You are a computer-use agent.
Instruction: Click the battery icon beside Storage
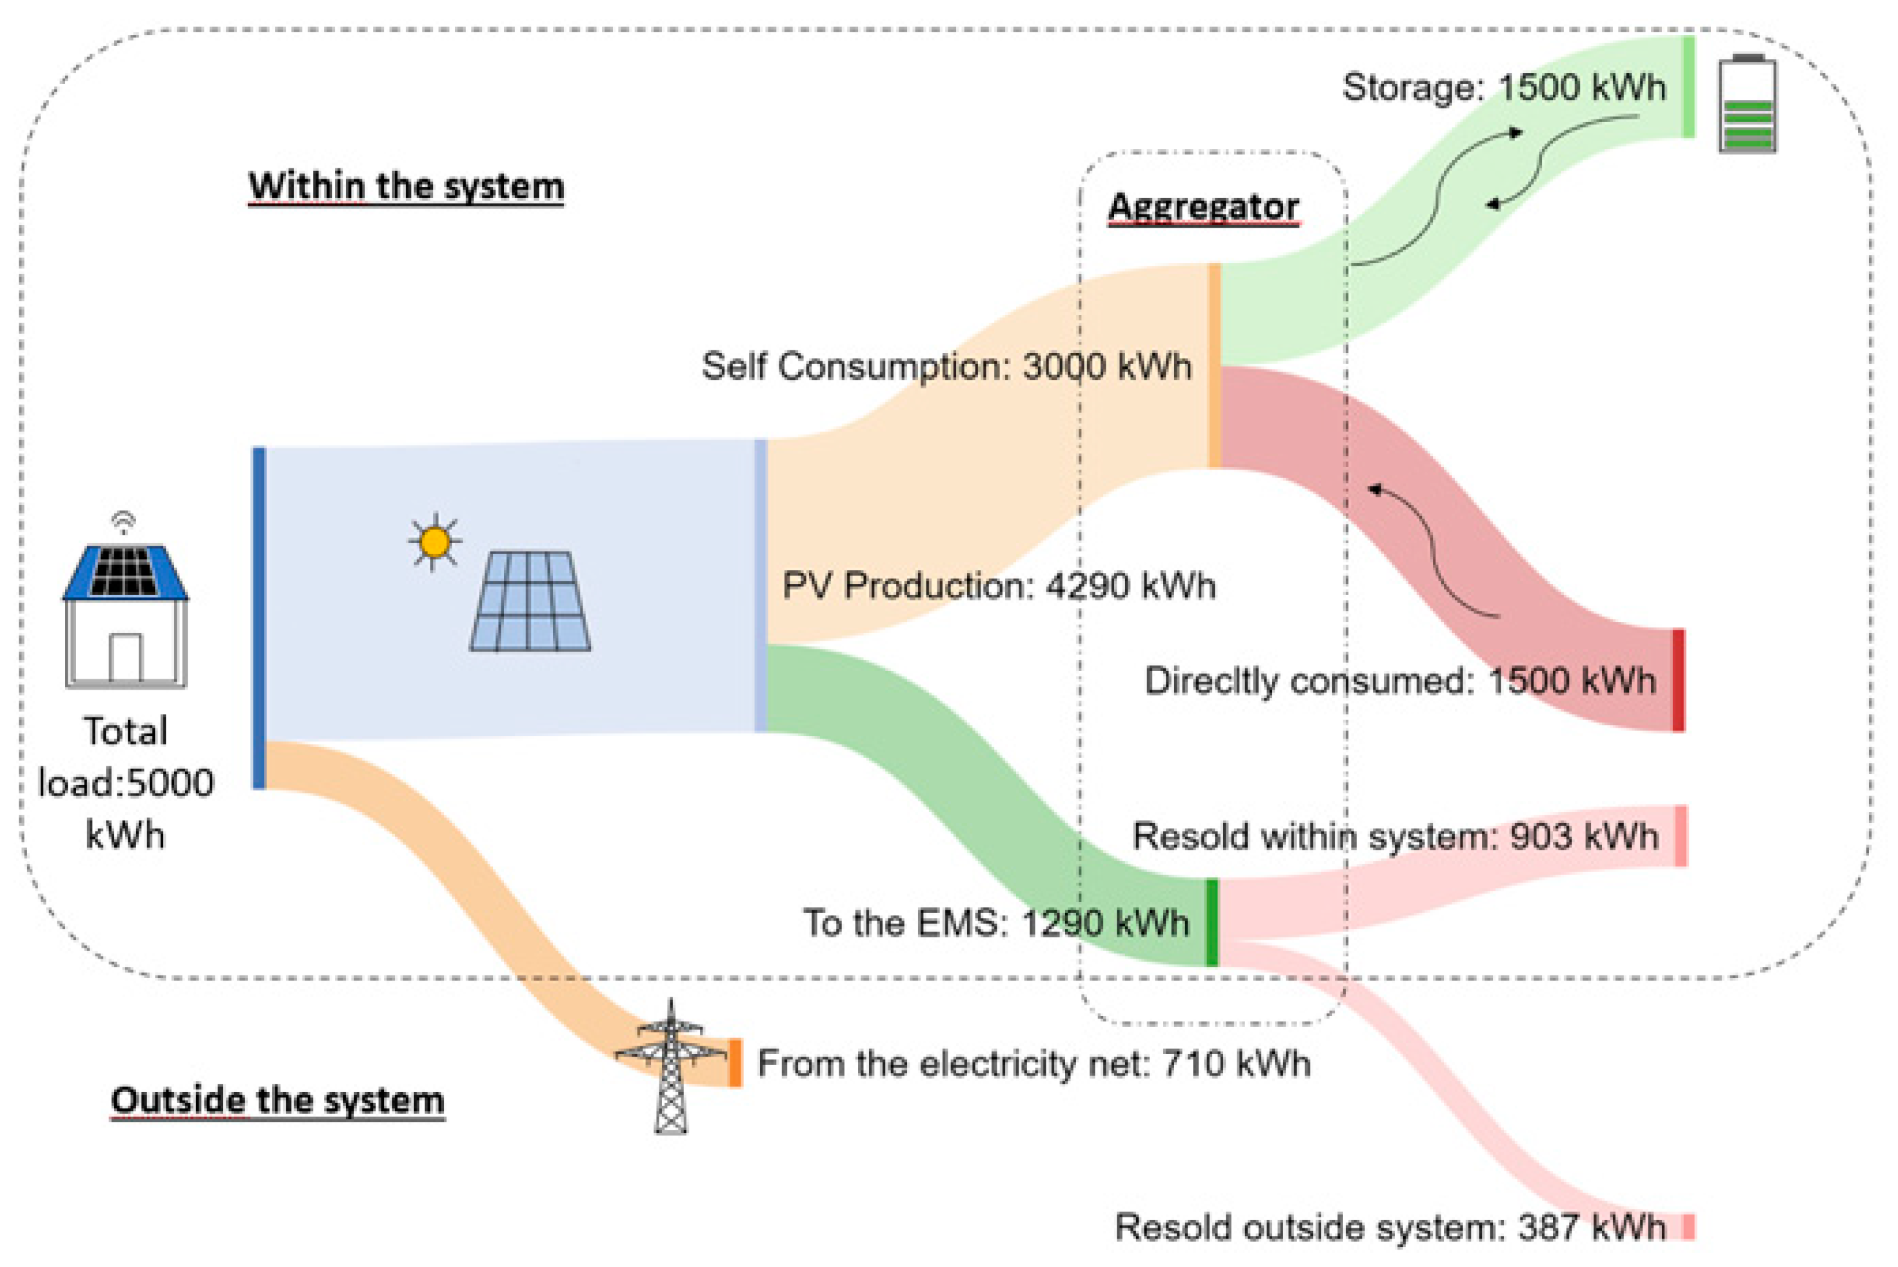[x=1748, y=103]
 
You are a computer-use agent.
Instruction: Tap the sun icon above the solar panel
[x=435, y=541]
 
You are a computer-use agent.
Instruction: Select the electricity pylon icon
[x=671, y=1066]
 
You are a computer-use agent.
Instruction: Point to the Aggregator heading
[x=1203, y=207]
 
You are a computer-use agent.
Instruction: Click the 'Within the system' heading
[x=406, y=186]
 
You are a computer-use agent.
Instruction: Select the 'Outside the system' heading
[x=277, y=1101]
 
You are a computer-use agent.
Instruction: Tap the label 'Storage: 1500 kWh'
[x=1504, y=87]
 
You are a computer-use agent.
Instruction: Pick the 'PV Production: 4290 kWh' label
[x=999, y=586]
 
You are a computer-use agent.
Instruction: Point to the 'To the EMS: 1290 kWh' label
[x=995, y=923]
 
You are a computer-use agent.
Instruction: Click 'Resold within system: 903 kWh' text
[x=1395, y=836]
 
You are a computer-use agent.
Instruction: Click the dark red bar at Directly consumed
[x=1678, y=681]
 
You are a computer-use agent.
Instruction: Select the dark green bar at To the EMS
[x=1212, y=923]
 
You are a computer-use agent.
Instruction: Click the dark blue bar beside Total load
[x=259, y=618]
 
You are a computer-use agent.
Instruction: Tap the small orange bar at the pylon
[x=735, y=1062]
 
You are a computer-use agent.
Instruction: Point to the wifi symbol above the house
[x=124, y=522]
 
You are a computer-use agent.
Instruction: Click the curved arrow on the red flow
[x=1434, y=550]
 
